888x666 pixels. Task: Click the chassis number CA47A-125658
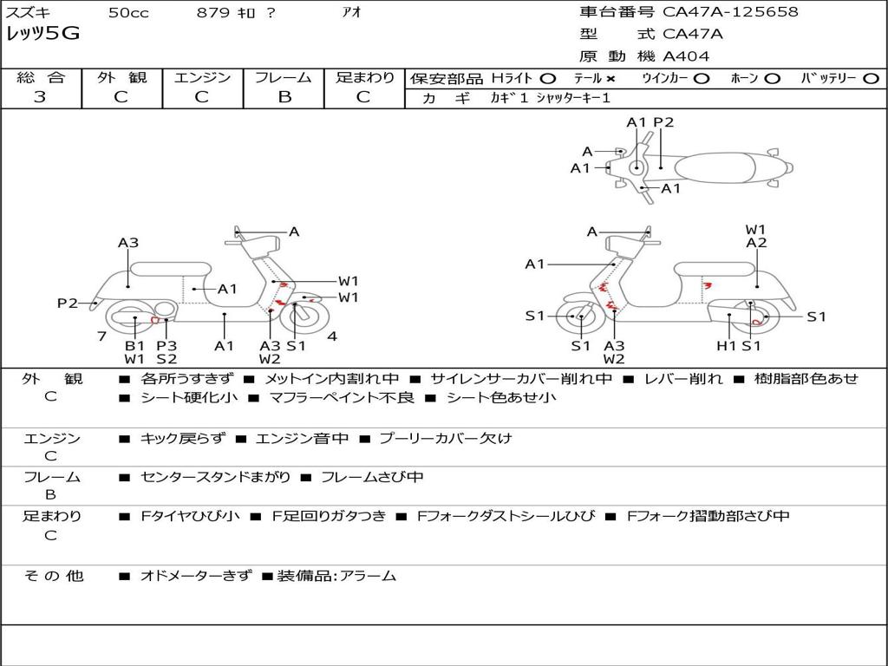730,12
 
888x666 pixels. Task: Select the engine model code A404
686,56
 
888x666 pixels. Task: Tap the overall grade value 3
40,97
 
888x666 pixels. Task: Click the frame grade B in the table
284,97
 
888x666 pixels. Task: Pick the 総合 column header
40,78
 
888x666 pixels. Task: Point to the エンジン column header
202,78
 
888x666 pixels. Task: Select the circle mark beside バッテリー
871,79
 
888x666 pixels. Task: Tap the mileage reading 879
213,13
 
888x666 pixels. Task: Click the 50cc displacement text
128,13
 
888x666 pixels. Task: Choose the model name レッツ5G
43,34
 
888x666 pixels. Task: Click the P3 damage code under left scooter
166,345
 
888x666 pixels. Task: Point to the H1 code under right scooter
726,345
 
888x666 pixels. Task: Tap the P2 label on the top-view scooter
663,122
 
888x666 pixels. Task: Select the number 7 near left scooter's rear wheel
101,336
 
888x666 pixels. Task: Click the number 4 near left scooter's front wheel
332,336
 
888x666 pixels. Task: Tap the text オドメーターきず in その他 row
196,576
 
